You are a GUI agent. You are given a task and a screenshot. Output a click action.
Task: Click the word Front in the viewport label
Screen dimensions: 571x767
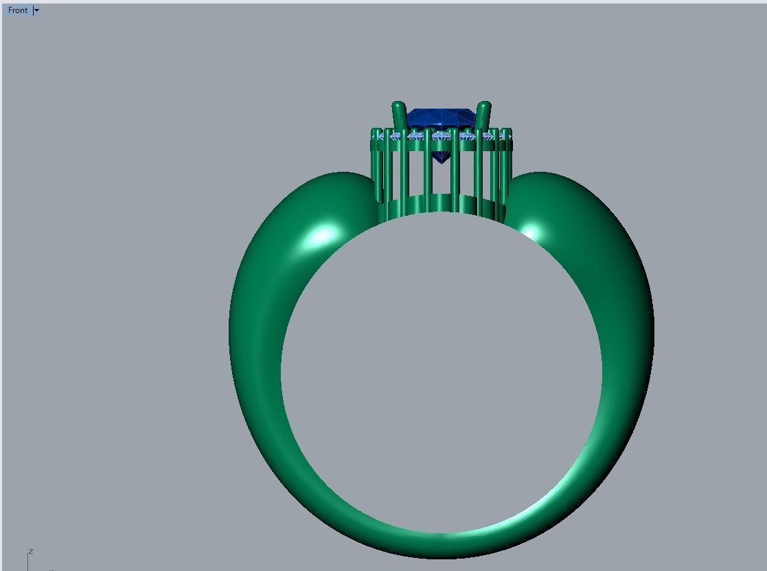(18, 10)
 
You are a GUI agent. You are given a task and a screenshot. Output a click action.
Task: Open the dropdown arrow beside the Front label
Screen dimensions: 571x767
(36, 10)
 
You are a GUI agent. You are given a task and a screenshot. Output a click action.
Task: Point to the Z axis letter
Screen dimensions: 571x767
(31, 551)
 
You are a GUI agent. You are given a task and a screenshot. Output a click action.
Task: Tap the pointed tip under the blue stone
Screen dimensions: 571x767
(441, 160)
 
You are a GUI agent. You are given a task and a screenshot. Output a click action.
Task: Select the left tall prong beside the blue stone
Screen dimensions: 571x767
(399, 115)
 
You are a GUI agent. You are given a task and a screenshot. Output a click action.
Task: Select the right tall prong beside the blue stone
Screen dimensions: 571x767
(483, 115)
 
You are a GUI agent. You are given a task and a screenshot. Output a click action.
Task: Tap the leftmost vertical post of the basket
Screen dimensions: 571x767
(377, 165)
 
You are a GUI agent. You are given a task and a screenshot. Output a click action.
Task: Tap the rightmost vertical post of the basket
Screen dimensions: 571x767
(505, 165)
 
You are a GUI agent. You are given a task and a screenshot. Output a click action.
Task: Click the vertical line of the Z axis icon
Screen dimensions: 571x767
(27, 562)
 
